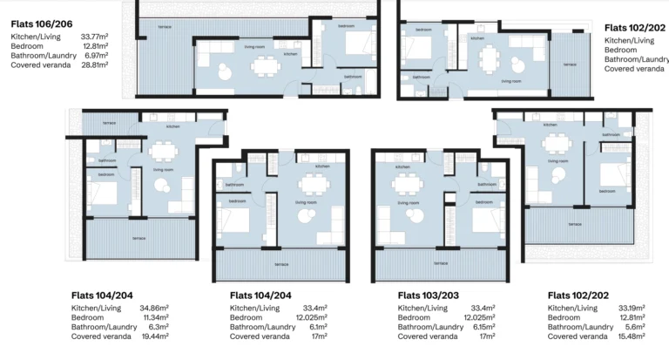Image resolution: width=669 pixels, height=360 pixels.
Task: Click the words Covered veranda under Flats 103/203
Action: [427, 336]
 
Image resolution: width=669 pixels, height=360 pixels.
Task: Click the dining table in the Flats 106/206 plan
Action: [261, 66]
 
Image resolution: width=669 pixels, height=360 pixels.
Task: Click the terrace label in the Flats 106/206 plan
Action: [164, 27]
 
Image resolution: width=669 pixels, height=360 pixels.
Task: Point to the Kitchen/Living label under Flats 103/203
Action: [423, 309]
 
